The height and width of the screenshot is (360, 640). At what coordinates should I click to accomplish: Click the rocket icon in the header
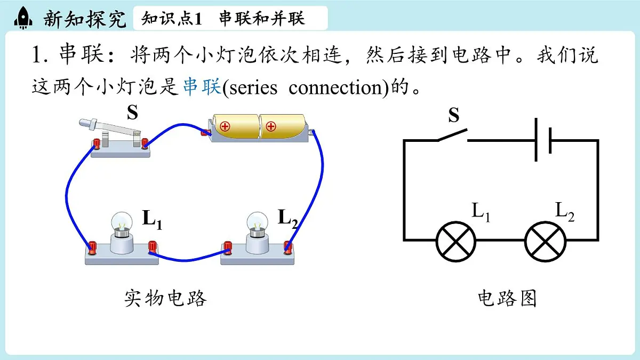click(x=23, y=18)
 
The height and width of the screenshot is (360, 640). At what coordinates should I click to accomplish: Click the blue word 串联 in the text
click(x=202, y=86)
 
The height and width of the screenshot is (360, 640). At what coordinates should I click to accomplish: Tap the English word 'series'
click(x=253, y=87)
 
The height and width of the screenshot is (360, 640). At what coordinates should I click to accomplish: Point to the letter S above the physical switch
click(x=133, y=113)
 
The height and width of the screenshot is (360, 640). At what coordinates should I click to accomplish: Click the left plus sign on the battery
click(x=225, y=126)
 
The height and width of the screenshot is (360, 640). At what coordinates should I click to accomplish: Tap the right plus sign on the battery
click(x=270, y=126)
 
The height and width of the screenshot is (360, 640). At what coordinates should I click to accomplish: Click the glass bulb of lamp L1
click(x=122, y=222)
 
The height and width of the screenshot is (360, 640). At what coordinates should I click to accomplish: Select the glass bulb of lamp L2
click(x=257, y=222)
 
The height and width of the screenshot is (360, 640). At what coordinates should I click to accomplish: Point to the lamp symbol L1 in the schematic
click(x=455, y=242)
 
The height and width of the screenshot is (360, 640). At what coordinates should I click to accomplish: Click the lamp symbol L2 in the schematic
click(x=545, y=242)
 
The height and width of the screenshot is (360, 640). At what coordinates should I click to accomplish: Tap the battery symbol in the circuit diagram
click(x=543, y=140)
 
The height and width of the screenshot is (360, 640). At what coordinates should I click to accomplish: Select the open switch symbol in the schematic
click(x=453, y=135)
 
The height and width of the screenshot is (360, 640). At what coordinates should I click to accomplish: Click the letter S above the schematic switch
click(x=454, y=115)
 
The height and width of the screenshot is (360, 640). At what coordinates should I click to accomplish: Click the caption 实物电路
click(x=165, y=298)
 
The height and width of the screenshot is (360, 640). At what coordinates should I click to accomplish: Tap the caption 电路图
click(x=507, y=298)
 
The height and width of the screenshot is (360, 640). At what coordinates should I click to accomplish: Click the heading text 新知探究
click(x=85, y=19)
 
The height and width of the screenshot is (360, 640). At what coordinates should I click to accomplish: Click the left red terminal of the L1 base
click(x=92, y=247)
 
